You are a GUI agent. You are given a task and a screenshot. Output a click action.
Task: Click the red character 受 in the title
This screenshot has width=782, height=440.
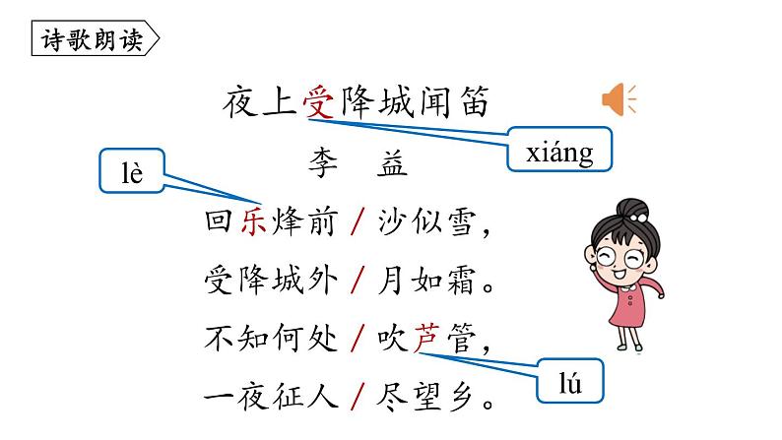pos(317,102)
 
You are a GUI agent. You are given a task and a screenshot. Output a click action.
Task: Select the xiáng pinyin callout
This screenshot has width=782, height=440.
pos(559,154)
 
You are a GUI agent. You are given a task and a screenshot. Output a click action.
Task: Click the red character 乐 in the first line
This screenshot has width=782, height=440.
pos(254,224)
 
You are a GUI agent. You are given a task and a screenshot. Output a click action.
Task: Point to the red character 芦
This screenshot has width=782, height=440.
pos(425,340)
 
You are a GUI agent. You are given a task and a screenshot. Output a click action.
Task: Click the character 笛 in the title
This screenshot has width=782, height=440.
pos(472,102)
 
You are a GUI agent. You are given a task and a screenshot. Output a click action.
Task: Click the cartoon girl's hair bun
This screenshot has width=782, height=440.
pos(631,210)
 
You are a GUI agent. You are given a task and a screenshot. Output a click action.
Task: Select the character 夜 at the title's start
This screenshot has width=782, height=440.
pos(241,102)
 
